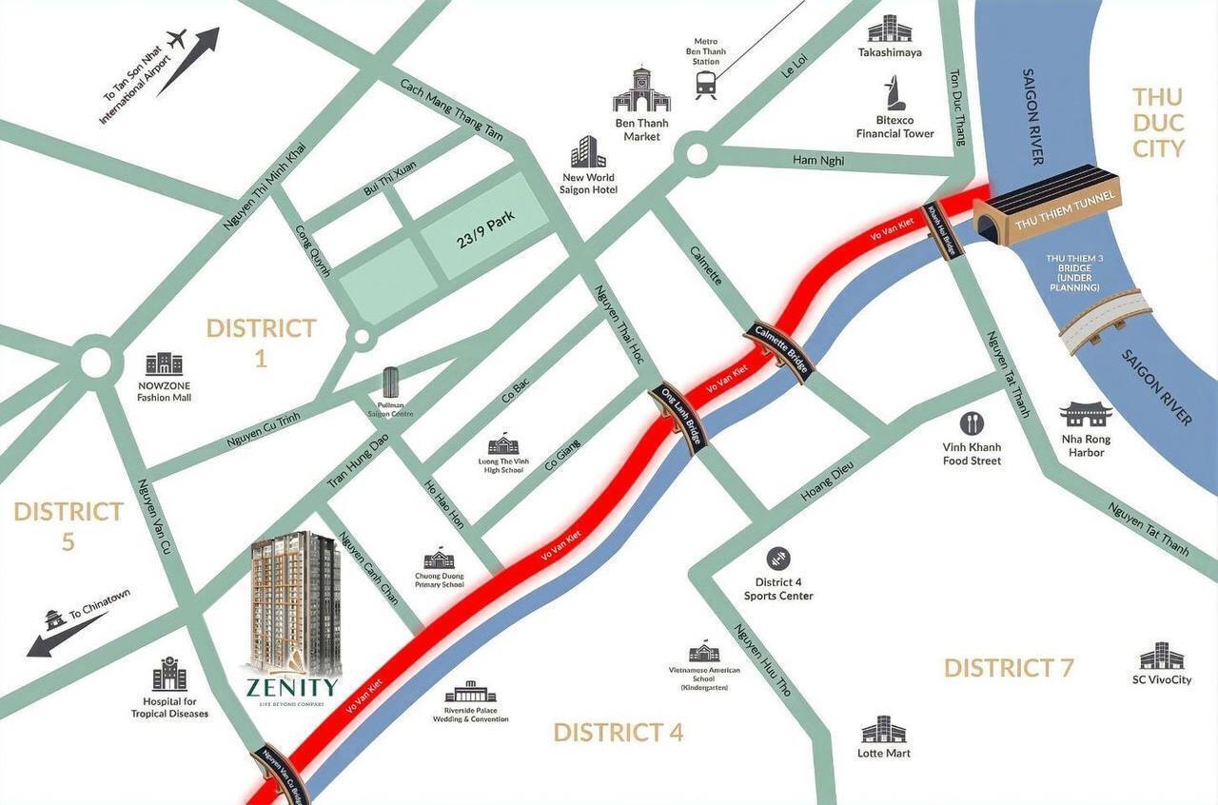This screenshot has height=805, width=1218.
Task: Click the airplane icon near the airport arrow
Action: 176,40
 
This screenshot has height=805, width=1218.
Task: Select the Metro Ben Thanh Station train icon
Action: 706,86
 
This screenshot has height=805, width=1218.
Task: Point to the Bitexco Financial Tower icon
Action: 895,94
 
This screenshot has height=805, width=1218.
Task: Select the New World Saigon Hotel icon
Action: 588,152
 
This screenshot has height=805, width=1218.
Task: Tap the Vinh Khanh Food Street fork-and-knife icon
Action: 972,423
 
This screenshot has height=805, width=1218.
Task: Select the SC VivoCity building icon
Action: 1162,657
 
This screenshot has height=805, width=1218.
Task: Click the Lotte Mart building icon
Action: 883,730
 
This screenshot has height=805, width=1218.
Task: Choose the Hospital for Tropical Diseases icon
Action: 169,675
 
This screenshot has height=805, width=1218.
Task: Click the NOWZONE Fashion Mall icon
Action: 164,363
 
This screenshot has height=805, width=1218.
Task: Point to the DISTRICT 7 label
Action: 1009,668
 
